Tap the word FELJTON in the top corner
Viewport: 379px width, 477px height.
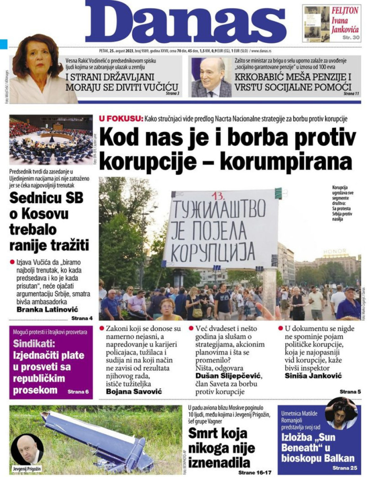click(345, 11)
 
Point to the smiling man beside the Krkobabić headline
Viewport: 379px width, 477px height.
click(211, 77)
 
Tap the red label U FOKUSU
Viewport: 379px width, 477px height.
click(121, 119)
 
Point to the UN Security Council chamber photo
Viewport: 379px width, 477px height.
click(51, 140)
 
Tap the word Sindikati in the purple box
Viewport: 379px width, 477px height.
click(37, 344)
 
